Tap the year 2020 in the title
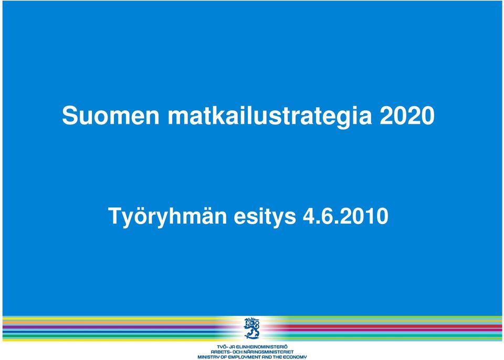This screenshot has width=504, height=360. pyautogui.click(x=407, y=115)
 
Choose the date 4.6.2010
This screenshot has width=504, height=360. pyautogui.click(x=345, y=216)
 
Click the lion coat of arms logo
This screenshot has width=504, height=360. pyautogui.click(x=251, y=328)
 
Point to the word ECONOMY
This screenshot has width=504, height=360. pyautogui.click(x=295, y=357)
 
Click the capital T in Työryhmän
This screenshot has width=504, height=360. pyautogui.click(x=115, y=216)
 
